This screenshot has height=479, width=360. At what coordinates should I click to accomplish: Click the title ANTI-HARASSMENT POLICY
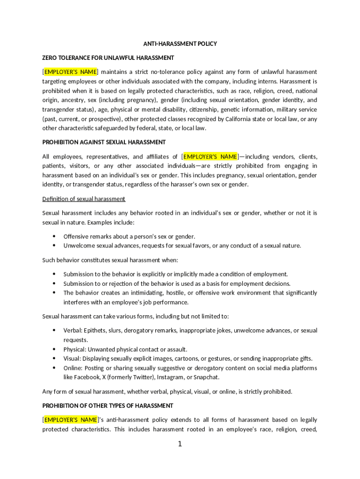point(180,44)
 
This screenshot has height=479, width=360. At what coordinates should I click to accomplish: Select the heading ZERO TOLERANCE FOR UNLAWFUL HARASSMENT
point(108,58)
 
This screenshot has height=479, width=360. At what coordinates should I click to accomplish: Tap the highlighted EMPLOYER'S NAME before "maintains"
point(71,72)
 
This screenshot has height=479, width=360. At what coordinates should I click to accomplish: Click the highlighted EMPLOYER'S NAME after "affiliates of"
point(210,156)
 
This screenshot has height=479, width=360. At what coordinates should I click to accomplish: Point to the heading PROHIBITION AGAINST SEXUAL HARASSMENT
point(104,142)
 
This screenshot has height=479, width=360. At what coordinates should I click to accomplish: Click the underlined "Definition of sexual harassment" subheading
point(84,199)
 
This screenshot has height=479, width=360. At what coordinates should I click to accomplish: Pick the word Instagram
point(170,377)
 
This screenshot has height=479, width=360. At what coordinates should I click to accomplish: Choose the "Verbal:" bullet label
point(72,331)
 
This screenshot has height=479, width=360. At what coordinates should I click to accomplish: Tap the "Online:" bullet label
point(73,368)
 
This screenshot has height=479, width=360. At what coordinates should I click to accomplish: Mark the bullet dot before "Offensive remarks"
point(54,236)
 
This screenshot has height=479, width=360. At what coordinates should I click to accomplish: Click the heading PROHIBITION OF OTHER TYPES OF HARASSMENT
point(108,406)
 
